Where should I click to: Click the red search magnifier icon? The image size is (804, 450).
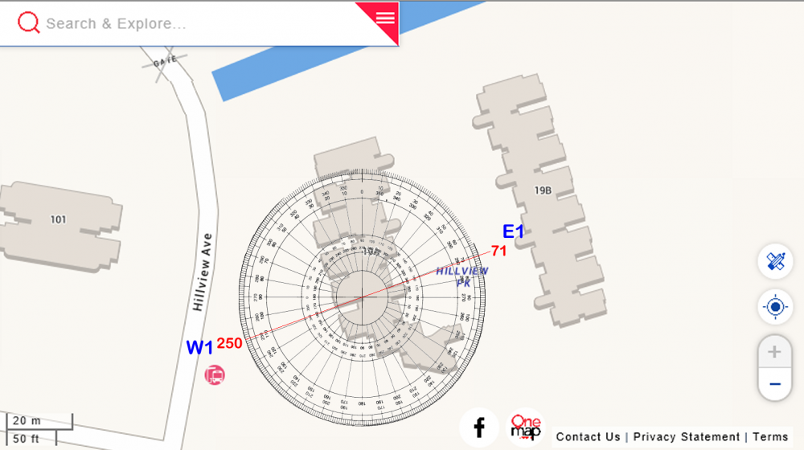click(x=29, y=23)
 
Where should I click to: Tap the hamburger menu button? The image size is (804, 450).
click(x=385, y=17)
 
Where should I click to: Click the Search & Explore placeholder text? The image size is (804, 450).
click(x=116, y=24)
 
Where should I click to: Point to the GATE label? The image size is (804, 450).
click(x=164, y=61)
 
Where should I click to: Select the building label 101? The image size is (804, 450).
click(x=58, y=219)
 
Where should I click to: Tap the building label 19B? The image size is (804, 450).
click(x=543, y=190)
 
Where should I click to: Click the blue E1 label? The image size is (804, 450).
click(x=513, y=232)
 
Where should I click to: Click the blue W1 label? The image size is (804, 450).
click(x=199, y=348)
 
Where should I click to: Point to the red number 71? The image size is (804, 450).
click(x=499, y=251)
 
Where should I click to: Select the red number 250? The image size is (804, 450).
click(x=229, y=343)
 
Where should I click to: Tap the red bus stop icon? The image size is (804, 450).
click(x=214, y=374)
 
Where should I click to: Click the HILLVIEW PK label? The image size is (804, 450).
click(x=462, y=276)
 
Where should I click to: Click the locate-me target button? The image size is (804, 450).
click(x=775, y=307)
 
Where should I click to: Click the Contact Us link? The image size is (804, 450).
click(x=588, y=437)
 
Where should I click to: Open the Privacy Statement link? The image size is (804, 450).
click(x=686, y=437)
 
